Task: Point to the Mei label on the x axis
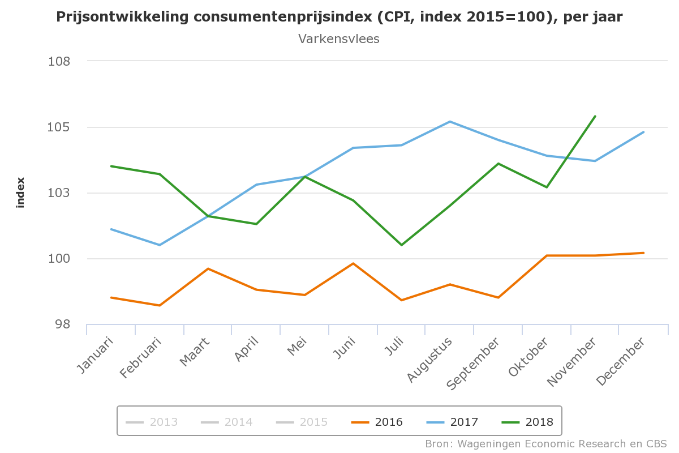click(297, 347)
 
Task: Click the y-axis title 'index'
click(21, 193)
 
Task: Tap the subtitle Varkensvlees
click(338, 39)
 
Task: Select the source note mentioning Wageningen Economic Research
click(546, 443)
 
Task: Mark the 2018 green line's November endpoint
click(595, 116)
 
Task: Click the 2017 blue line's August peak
click(450, 121)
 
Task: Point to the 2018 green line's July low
click(402, 245)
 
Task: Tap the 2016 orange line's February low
click(160, 305)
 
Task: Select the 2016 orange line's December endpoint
click(644, 253)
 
